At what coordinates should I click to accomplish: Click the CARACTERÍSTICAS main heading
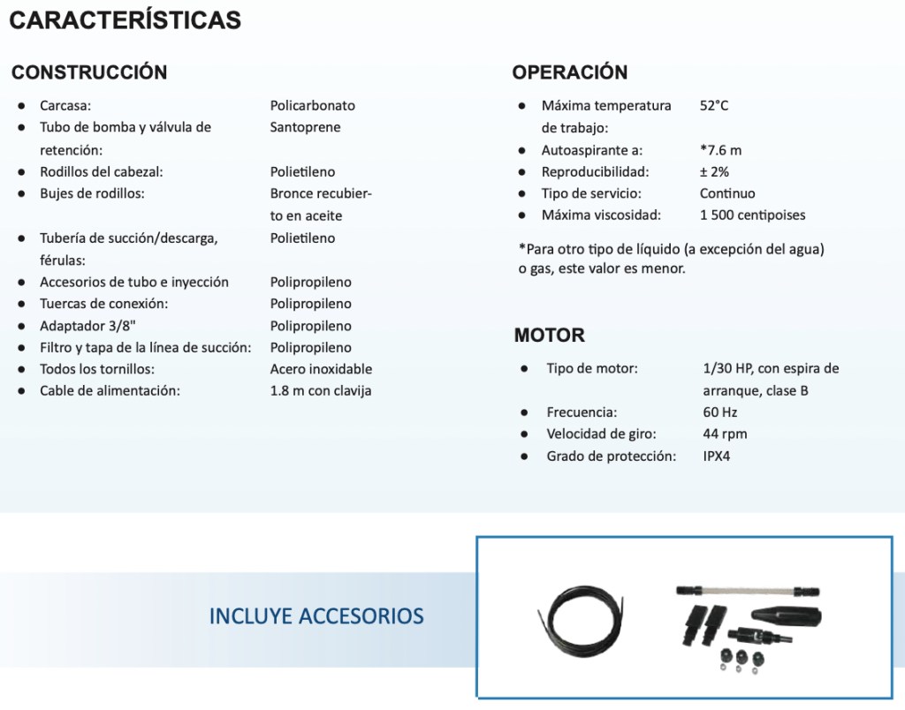pyautogui.click(x=125, y=20)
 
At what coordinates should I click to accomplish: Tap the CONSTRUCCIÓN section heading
pyautogui.click(x=89, y=72)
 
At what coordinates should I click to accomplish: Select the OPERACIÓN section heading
pyautogui.click(x=570, y=72)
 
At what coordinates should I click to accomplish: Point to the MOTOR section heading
pyautogui.click(x=550, y=336)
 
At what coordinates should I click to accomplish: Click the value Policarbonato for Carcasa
pyautogui.click(x=313, y=105)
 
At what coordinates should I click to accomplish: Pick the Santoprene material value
pyautogui.click(x=305, y=127)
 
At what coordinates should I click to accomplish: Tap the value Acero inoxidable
pyautogui.click(x=321, y=369)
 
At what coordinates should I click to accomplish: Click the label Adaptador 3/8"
pyautogui.click(x=87, y=326)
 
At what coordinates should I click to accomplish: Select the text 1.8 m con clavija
pyautogui.click(x=321, y=390)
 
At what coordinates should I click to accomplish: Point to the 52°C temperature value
pyautogui.click(x=714, y=105)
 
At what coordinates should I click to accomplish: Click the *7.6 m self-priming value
pyautogui.click(x=721, y=149)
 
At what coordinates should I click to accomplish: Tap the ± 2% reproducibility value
pyautogui.click(x=714, y=171)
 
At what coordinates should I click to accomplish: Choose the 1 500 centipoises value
pyautogui.click(x=752, y=215)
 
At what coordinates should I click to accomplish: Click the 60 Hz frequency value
pyautogui.click(x=720, y=412)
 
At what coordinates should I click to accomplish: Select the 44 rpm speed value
pyautogui.click(x=725, y=434)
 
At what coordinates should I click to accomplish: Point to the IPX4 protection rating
pyautogui.click(x=717, y=456)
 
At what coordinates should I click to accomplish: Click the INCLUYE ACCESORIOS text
pyautogui.click(x=316, y=616)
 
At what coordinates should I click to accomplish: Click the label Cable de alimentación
pyautogui.click(x=110, y=390)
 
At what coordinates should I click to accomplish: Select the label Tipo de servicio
pyautogui.click(x=591, y=193)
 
